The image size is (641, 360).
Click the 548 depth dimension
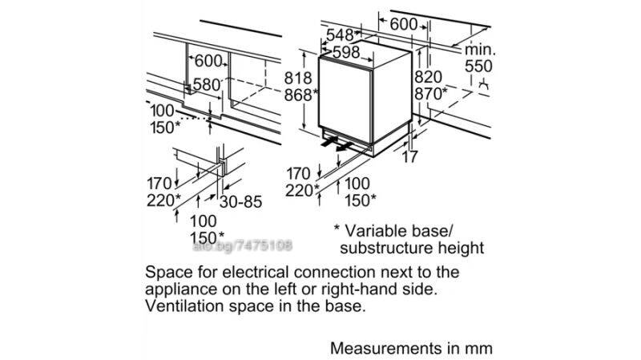pyautogui.click(x=339, y=34)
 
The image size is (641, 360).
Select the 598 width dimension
pyautogui.click(x=346, y=52)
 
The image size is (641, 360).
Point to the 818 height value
pyautogui.click(x=298, y=78)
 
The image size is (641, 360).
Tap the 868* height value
pyautogui.click(x=300, y=95)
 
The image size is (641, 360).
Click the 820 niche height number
pyautogui.click(x=429, y=77)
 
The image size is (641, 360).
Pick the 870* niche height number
pyautogui.click(x=431, y=94)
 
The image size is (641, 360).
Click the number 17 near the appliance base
pyautogui.click(x=409, y=156)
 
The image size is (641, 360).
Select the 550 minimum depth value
pyautogui.click(x=478, y=67)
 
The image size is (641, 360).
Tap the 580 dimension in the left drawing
pyautogui.click(x=207, y=85)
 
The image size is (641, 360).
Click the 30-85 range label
pyautogui.click(x=241, y=202)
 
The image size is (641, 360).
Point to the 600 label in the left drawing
pyautogui.click(x=208, y=62)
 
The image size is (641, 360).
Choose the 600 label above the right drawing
pyautogui.click(x=404, y=25)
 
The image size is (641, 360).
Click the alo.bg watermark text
pyautogui.click(x=243, y=246)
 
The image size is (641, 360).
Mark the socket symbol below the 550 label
pyautogui.click(x=484, y=85)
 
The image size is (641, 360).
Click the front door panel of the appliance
pyautogui.click(x=345, y=99)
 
